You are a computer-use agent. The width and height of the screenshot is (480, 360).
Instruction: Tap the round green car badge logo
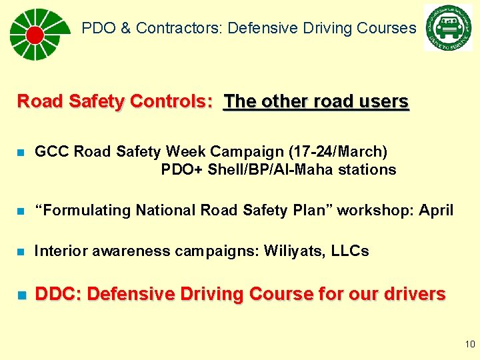pyautogui.click(x=447, y=27)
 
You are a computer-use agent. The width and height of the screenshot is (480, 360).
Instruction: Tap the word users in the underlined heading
pyautogui.click(x=382, y=101)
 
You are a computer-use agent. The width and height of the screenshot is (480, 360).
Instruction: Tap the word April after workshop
pyautogui.click(x=436, y=211)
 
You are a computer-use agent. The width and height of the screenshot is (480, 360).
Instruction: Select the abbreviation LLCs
pyautogui.click(x=350, y=251)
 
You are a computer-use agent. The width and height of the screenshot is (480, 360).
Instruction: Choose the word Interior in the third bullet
pyautogui.click(x=59, y=251)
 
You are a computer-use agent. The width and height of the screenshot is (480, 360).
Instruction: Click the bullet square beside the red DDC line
pyautogui.click(x=21, y=295)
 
